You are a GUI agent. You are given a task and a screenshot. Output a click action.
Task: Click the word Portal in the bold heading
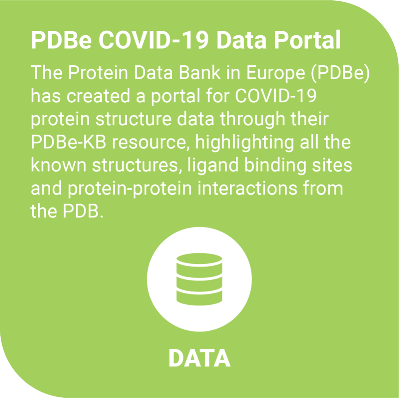point(307,40)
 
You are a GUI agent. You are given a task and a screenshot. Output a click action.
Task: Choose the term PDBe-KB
point(69,142)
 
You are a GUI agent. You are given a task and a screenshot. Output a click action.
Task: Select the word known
point(58,165)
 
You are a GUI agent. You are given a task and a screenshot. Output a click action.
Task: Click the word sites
point(332,165)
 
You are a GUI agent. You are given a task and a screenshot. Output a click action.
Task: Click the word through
point(252,120)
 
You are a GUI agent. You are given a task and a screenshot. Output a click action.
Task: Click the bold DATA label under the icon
point(199,358)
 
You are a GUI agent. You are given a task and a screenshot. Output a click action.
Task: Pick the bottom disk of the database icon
point(199,296)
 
